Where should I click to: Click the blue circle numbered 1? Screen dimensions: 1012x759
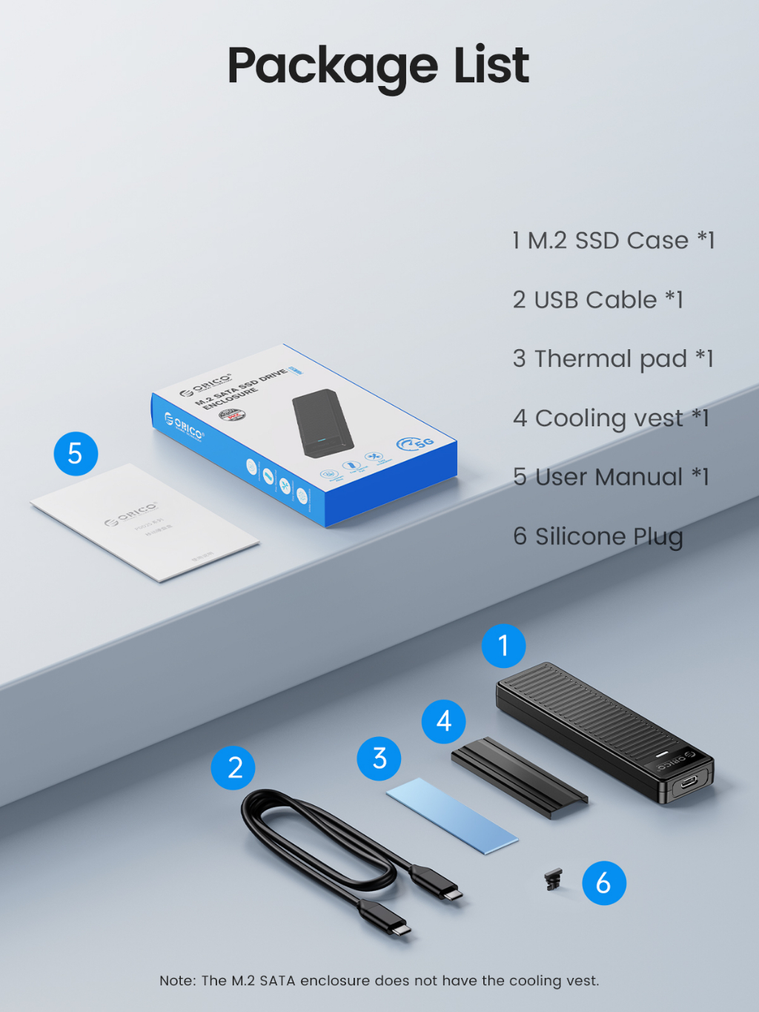click(503, 646)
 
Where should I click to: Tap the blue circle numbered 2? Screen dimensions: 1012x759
click(233, 768)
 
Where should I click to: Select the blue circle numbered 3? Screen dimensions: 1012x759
click(379, 758)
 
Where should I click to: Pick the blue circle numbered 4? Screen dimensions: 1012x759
click(443, 721)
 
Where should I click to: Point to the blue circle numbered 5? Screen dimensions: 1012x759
click(76, 454)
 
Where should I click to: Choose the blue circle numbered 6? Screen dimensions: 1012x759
click(603, 883)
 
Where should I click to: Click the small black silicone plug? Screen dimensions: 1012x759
click(553, 880)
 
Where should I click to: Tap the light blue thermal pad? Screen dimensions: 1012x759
click(451, 816)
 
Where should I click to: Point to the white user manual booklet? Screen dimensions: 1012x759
click(145, 522)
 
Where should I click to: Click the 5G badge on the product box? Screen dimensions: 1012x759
click(416, 443)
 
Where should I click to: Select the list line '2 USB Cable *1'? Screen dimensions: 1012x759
click(597, 300)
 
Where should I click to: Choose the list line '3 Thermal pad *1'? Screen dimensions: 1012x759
click(612, 359)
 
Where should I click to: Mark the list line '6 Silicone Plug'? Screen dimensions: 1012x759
click(597, 536)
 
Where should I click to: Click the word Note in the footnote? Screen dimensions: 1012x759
click(176, 981)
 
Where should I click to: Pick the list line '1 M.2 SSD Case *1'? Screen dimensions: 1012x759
click(613, 240)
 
